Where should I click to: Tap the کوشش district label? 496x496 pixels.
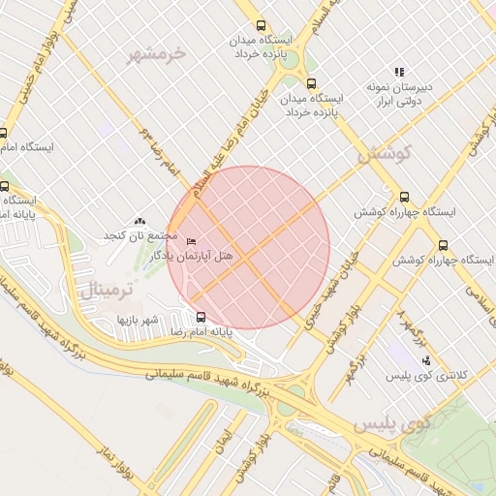point(385,153)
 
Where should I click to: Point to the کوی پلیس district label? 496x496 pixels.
point(391,423)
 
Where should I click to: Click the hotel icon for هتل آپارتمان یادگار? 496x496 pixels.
point(191,240)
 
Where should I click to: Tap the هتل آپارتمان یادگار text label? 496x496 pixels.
point(222,253)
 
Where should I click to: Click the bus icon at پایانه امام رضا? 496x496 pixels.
point(201,317)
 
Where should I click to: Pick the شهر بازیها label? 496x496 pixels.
point(138,319)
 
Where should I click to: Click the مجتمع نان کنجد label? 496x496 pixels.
point(141,236)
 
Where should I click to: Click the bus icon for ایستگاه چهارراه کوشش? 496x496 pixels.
point(404,196)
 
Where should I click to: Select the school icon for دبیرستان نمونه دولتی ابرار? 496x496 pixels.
point(399,72)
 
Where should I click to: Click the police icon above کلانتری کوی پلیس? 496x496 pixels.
point(425,360)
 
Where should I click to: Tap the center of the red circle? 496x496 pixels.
point(249,247)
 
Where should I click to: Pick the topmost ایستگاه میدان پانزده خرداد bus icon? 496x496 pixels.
point(259,26)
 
